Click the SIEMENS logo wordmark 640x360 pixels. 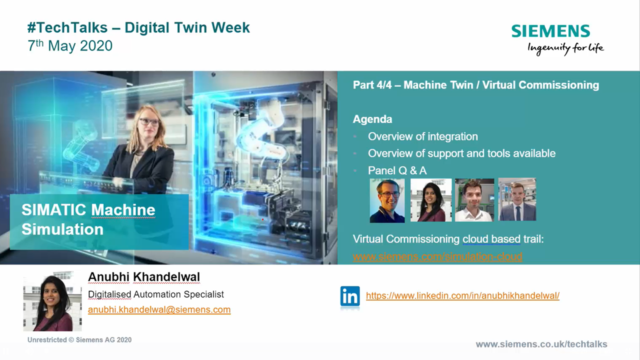click(550, 31)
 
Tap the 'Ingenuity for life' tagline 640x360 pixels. click(565, 48)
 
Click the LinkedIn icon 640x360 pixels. click(350, 296)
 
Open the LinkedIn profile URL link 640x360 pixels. click(462, 295)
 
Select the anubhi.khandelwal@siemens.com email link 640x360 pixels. click(159, 309)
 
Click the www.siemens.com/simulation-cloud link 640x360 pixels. click(437, 256)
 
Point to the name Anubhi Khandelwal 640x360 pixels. click(144, 277)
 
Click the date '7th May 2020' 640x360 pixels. click(70, 45)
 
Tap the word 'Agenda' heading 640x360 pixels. click(372, 119)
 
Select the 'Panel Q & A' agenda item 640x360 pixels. click(397, 170)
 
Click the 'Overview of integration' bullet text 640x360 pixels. click(423, 136)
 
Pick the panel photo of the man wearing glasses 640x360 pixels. click(387, 200)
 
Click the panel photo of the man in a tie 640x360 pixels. click(517, 199)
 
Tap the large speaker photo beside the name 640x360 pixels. click(52, 301)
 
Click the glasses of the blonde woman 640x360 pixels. click(149, 122)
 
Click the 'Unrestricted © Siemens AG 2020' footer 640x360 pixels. click(79, 340)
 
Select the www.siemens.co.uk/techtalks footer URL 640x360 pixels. click(541, 344)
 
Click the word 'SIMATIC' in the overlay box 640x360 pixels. click(53, 210)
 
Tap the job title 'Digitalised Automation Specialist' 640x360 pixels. click(156, 294)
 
